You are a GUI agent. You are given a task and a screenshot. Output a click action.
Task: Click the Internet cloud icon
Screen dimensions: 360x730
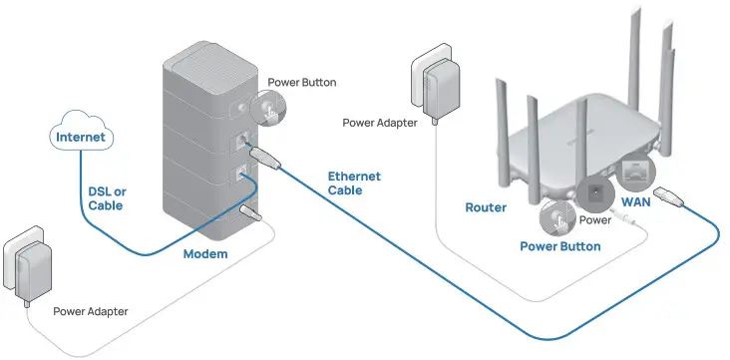pos(82,137)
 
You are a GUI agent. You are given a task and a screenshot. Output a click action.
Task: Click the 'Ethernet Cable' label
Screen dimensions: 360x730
pos(354,182)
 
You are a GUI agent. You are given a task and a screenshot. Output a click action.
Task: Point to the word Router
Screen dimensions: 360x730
pos(486,208)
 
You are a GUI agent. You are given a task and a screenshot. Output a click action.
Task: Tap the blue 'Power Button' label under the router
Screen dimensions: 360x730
pos(560,245)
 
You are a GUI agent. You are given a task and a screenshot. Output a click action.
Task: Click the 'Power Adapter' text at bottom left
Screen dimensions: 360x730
pos(91,312)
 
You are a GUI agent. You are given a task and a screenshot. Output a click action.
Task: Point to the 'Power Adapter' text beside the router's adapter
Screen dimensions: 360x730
pos(380,124)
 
